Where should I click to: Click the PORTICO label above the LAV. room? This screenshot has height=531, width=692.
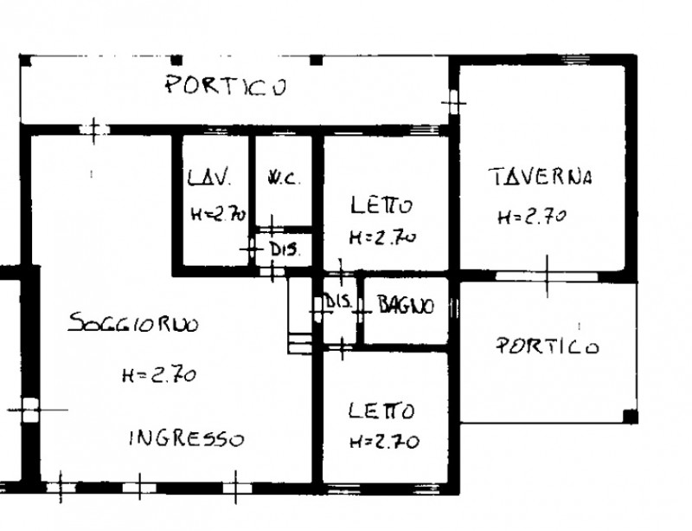click(226, 86)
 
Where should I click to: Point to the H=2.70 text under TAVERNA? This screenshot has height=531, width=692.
click(531, 217)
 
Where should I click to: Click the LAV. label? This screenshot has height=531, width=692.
click(210, 179)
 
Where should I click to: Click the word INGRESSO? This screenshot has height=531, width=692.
click(186, 438)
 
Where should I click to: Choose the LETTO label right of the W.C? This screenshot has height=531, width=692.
click(381, 206)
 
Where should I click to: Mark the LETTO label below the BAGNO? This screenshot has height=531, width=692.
click(381, 410)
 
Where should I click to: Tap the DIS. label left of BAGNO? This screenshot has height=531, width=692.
click(337, 302)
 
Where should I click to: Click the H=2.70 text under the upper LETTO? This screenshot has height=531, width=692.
click(383, 236)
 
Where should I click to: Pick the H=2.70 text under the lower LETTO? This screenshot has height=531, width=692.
click(384, 442)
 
